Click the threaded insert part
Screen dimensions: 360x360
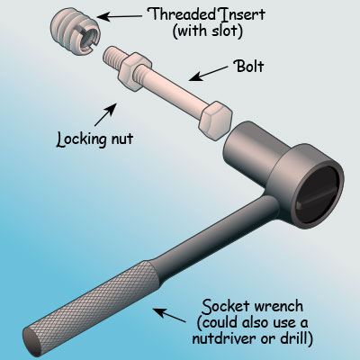coord(74,32)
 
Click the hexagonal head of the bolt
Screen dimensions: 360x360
coord(215,121)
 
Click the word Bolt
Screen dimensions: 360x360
coord(249,67)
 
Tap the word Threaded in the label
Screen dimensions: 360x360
coord(182,14)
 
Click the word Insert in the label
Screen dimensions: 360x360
coord(241,15)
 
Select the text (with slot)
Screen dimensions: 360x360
coord(208,31)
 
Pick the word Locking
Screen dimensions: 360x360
coord(82,139)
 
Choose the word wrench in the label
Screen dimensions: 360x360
coord(279,307)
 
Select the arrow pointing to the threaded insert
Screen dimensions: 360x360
coord(119,16)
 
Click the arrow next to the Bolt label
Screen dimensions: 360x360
coord(208,74)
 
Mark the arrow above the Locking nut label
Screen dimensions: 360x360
coord(105,114)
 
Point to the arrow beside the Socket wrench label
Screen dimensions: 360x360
coord(169,315)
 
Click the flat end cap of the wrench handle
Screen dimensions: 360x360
coord(32,342)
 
